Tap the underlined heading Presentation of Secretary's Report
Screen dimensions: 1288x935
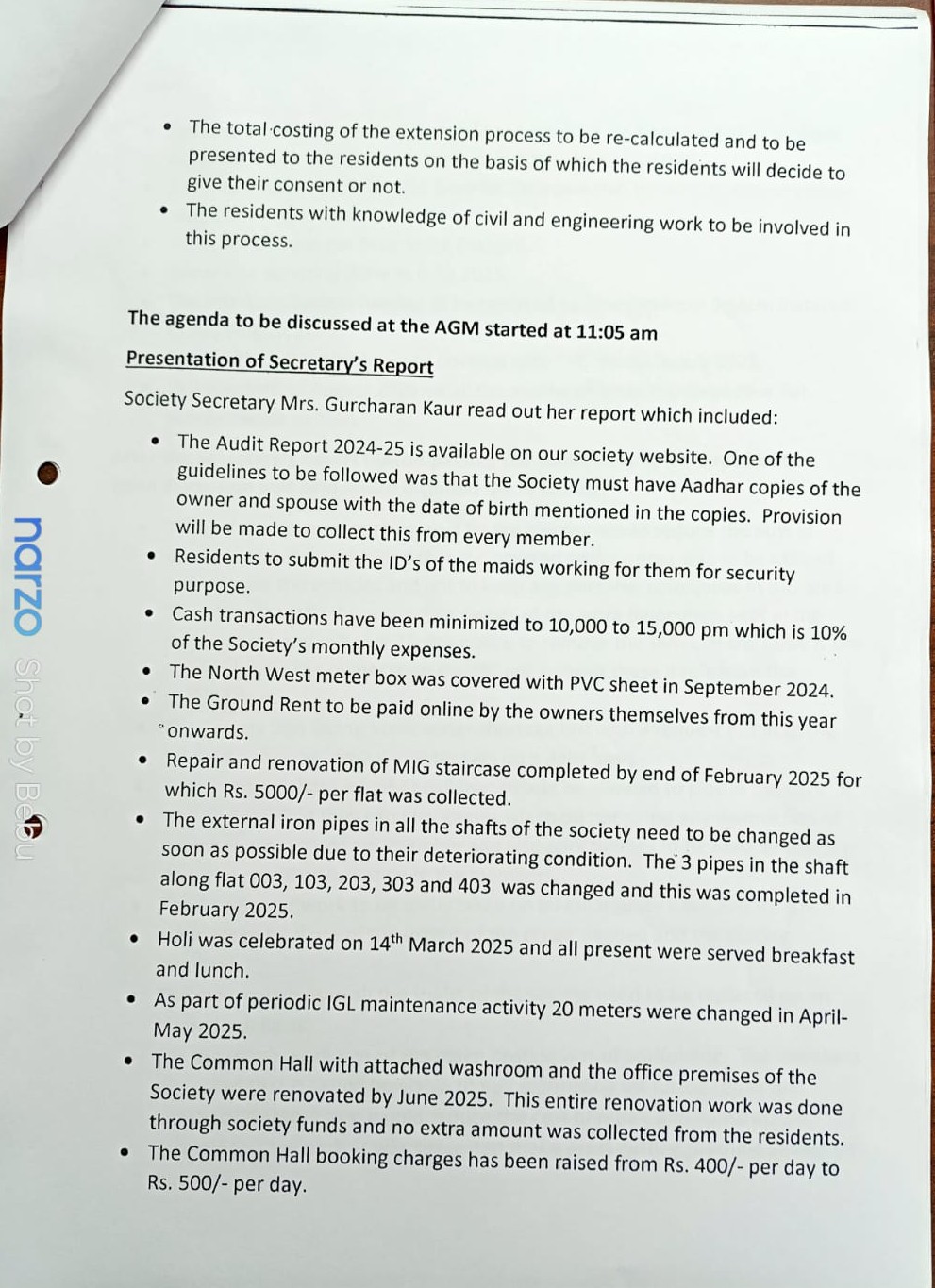coord(279,362)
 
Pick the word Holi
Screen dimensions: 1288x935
coord(177,940)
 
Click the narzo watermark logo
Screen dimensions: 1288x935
coord(27,576)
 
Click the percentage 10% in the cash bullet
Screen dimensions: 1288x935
coord(827,632)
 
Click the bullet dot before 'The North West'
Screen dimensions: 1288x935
coord(146,672)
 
